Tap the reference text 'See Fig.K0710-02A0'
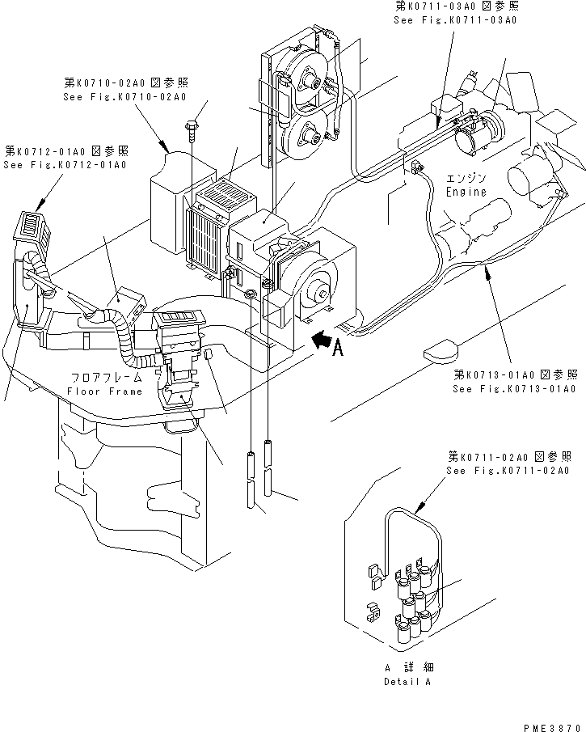point(124,97)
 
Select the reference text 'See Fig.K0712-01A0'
point(65,165)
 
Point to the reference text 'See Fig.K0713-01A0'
point(514,389)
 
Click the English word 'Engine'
point(466,193)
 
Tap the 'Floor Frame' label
point(104,391)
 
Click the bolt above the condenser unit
point(192,126)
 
